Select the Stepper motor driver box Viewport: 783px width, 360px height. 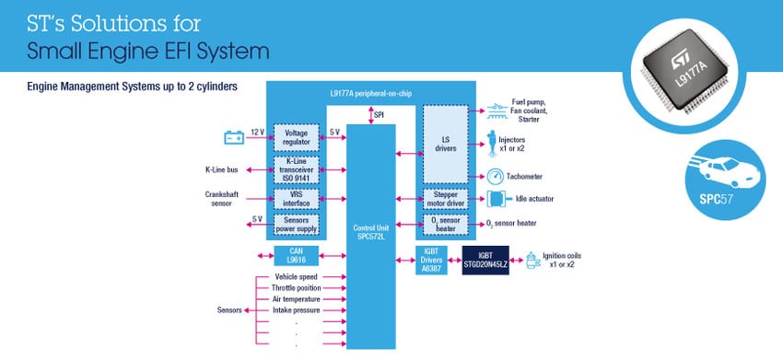[x=446, y=198]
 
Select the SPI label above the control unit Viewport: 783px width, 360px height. [x=380, y=114]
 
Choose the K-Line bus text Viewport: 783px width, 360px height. [x=222, y=169]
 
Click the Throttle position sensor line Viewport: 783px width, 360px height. [x=297, y=288]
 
